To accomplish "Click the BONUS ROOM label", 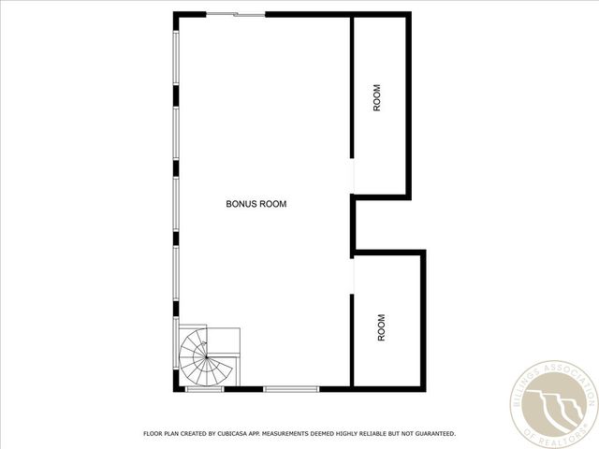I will pyautogui.click(x=256, y=203).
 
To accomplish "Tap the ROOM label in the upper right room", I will pyautogui.click(x=378, y=98).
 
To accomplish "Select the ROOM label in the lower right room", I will pyautogui.click(x=381, y=326).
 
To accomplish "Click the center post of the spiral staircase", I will pyautogui.click(x=199, y=356).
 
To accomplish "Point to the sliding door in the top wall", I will pyautogui.click(x=235, y=14).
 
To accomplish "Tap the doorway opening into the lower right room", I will pyautogui.click(x=352, y=275).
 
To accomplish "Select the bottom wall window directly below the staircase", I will pyautogui.click(x=204, y=388).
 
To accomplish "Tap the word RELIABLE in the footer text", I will pyautogui.click(x=372, y=434).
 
